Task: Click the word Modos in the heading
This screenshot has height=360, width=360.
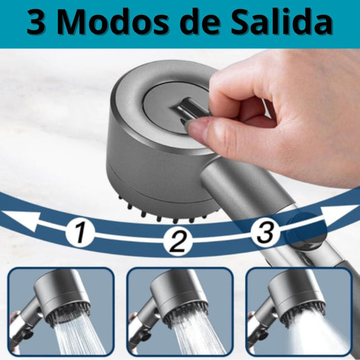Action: (x=113, y=22)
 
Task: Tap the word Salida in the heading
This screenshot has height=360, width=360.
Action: (x=281, y=22)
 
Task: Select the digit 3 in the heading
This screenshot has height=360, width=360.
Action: (x=36, y=23)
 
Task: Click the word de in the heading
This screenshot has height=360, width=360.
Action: (x=201, y=22)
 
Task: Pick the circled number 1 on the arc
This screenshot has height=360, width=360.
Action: (x=80, y=232)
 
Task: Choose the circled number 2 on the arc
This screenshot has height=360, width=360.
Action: (x=178, y=240)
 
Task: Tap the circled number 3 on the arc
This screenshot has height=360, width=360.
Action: (x=265, y=232)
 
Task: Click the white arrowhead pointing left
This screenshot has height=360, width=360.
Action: (x=21, y=220)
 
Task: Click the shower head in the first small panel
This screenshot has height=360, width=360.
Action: (x=62, y=297)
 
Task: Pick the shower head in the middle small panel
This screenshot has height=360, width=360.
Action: (x=180, y=297)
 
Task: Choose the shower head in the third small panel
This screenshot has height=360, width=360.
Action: (x=297, y=297)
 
